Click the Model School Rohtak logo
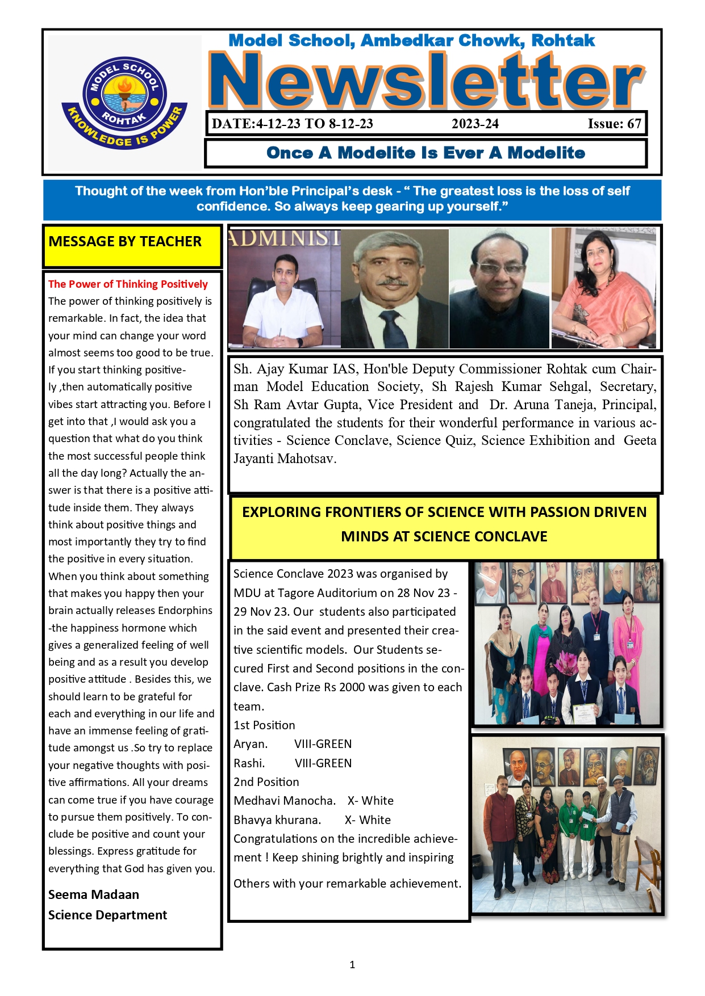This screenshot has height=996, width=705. click(124, 102)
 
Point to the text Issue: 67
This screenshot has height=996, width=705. click(614, 124)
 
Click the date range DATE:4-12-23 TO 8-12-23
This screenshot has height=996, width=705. click(292, 124)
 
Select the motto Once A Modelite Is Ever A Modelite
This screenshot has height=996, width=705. click(425, 153)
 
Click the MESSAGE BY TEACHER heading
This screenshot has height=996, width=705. click(125, 241)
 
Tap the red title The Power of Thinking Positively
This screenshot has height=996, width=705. click(128, 284)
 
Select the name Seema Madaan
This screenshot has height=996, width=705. click(94, 894)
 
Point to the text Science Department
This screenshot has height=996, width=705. click(107, 915)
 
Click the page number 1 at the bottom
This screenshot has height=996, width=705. click(352, 964)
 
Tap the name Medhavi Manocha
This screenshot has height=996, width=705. click(284, 800)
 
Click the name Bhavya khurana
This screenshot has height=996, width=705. click(277, 820)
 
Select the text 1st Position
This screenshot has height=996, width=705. click(264, 725)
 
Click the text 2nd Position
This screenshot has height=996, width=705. click(266, 781)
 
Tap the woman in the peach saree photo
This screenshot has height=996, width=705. click(603, 288)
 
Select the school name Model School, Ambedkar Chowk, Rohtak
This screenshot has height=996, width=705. click(411, 40)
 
